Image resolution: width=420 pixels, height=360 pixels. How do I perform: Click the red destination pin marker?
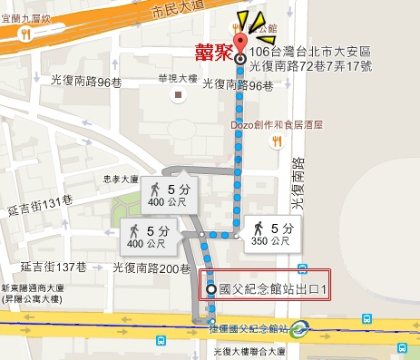tap(239, 45)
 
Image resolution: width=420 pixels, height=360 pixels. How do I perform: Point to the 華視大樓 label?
tap(176, 75)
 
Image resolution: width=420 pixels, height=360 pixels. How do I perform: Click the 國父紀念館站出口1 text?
tap(272, 290)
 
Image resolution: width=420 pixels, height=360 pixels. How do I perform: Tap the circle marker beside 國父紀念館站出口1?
tap(212, 290)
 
